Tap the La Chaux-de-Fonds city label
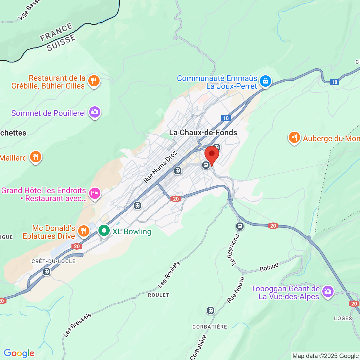(x=203, y=132)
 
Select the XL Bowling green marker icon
(x=104, y=231)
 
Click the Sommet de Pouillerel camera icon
(x=95, y=112)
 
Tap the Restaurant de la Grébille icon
(x=94, y=81)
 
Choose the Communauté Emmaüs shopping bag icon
(x=265, y=81)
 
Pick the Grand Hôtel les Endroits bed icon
(x=95, y=193)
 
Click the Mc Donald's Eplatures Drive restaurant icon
(x=84, y=231)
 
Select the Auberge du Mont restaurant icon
(x=294, y=138)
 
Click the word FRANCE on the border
(x=57, y=32)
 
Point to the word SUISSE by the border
(x=61, y=43)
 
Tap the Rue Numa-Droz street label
(x=160, y=166)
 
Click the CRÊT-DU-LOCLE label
(x=53, y=261)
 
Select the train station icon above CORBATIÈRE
(x=211, y=310)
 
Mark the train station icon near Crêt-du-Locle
(x=47, y=272)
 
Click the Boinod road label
(x=269, y=267)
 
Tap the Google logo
(x=19, y=353)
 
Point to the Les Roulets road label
(x=169, y=275)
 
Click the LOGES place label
(x=343, y=318)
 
